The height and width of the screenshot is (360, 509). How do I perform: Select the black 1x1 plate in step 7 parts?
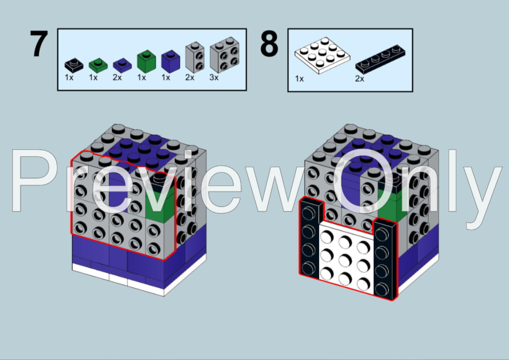(x=74, y=65)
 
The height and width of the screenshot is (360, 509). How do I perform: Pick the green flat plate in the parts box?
(x=98, y=65)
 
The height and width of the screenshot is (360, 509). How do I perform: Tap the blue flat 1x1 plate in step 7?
(x=122, y=65)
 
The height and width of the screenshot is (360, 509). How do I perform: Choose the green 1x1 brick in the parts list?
(x=146, y=61)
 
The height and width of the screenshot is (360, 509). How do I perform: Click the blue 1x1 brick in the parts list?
(x=170, y=61)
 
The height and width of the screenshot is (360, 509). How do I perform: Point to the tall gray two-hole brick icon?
(x=195, y=57)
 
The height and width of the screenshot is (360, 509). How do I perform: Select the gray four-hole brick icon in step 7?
(x=225, y=55)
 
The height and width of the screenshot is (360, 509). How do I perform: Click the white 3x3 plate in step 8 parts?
(x=322, y=56)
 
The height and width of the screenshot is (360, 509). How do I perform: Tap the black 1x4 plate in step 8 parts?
(x=380, y=59)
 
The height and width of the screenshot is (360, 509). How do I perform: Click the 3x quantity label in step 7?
(x=214, y=77)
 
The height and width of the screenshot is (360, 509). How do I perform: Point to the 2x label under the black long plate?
(x=360, y=79)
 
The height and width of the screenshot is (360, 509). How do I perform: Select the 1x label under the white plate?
(x=299, y=79)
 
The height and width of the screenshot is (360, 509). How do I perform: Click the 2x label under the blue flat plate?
(x=117, y=77)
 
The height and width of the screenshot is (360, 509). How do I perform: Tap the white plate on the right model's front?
(x=346, y=258)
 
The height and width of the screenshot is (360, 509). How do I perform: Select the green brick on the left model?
(x=160, y=204)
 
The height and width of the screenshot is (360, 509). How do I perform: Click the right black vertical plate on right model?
(x=385, y=259)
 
